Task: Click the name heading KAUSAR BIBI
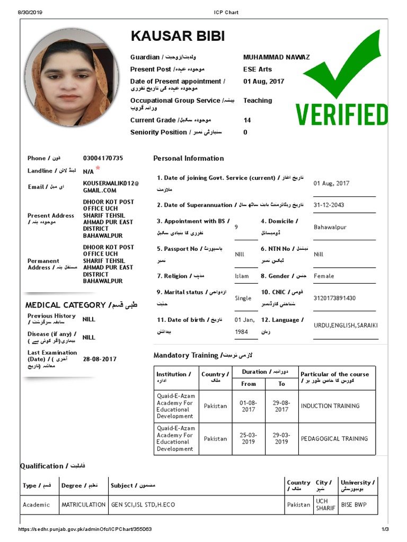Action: click(x=178, y=37)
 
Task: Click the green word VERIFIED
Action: click(x=342, y=115)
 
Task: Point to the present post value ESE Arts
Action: click(x=258, y=69)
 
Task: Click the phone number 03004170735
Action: click(x=103, y=158)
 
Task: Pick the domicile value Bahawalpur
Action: click(x=330, y=227)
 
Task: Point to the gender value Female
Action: click(x=324, y=276)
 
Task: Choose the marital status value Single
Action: click(x=243, y=298)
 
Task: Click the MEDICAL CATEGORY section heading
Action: click(x=66, y=305)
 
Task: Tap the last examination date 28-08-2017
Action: click(x=100, y=359)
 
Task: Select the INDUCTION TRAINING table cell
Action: click(x=330, y=406)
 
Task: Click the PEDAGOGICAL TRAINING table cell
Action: click(x=334, y=439)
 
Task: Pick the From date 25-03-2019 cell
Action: click(x=248, y=438)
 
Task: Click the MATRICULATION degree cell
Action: click(x=83, y=505)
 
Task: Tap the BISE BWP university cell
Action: click(x=353, y=505)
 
